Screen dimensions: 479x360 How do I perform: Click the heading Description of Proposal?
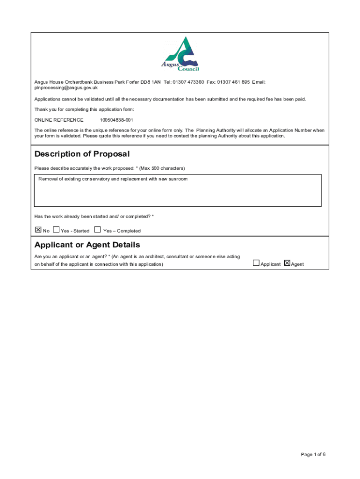(82, 154)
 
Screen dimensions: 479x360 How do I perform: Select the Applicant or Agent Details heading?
(87, 245)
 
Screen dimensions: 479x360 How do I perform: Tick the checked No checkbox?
(38, 230)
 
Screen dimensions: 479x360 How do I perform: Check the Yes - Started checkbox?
(56, 230)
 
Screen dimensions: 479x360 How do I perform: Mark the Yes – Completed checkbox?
(97, 230)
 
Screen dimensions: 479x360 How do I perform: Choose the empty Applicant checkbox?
(256, 263)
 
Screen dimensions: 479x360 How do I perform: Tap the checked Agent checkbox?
(287, 263)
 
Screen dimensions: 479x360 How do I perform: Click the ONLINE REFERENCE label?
(59, 120)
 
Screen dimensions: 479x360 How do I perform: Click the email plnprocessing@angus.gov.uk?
(66, 87)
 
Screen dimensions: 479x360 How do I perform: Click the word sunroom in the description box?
(177, 179)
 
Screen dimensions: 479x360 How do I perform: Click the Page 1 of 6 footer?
(313, 454)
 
